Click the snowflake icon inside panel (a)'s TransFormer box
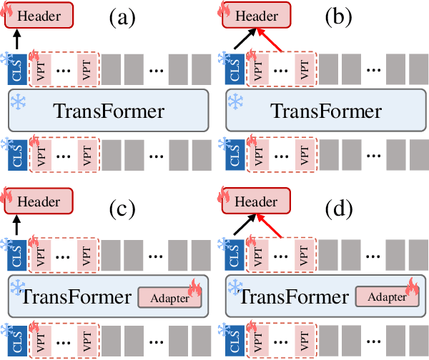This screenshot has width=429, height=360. (18, 101)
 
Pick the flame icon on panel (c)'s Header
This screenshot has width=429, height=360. (10, 193)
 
